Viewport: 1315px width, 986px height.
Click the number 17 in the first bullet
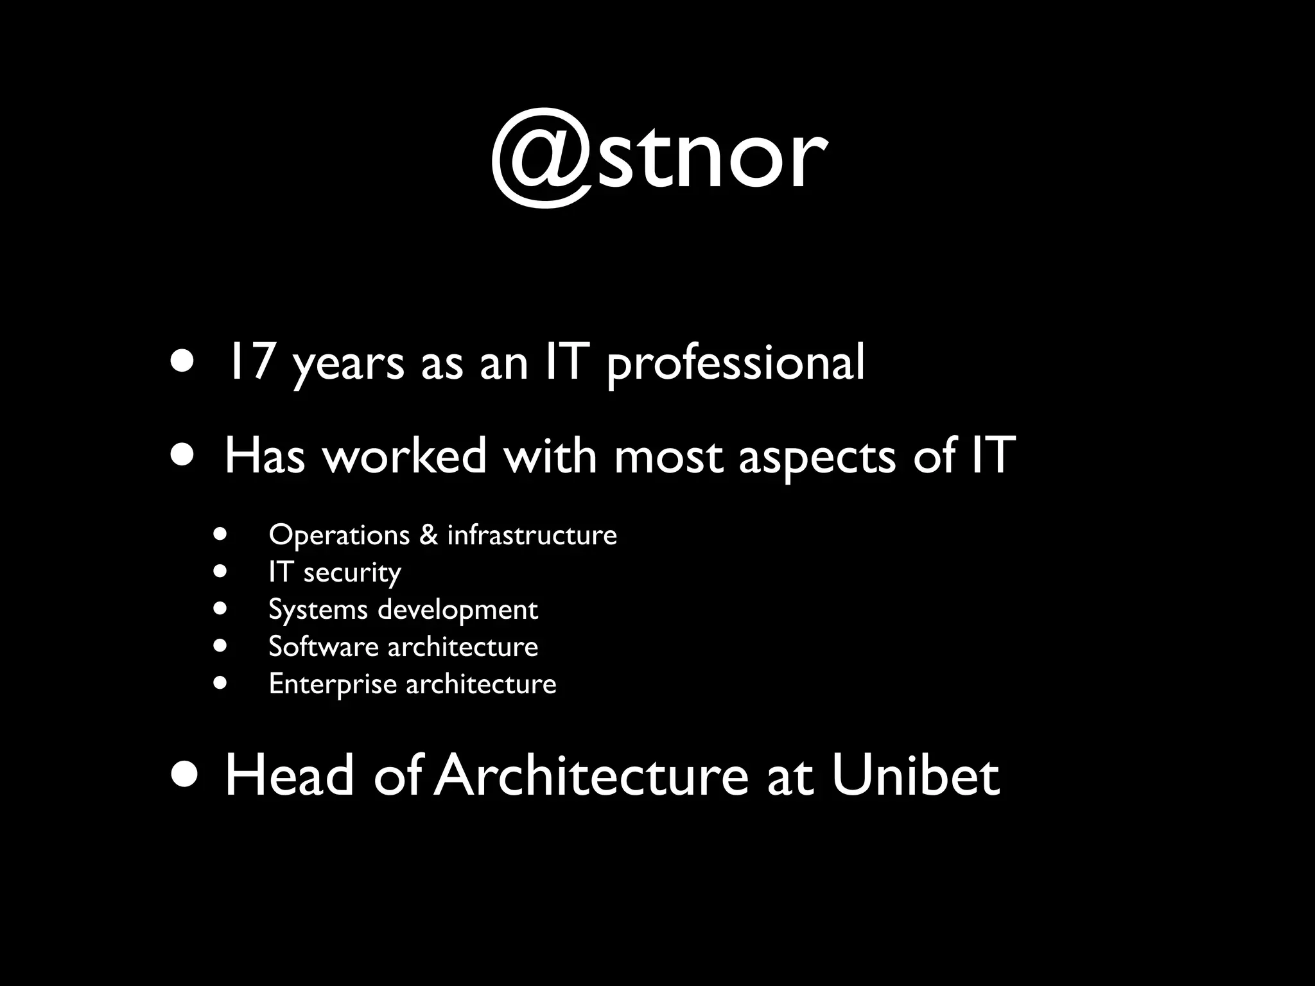(x=250, y=362)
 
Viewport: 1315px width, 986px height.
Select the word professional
(x=736, y=363)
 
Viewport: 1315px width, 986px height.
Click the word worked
(x=405, y=456)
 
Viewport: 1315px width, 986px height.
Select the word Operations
(x=339, y=535)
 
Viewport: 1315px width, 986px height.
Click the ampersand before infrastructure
(x=428, y=535)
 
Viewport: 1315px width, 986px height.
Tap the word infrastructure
(x=532, y=535)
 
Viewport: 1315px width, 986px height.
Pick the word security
(x=352, y=573)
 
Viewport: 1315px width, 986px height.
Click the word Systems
(x=317, y=610)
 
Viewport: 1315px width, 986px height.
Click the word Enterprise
(x=333, y=684)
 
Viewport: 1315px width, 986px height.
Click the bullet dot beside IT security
(x=221, y=571)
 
